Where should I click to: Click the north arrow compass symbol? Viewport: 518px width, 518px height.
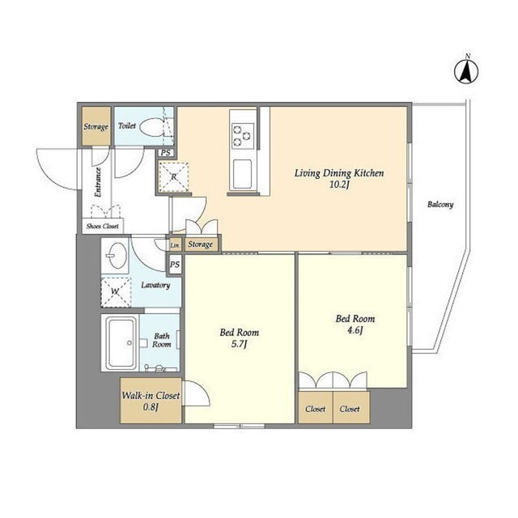click(x=466, y=72)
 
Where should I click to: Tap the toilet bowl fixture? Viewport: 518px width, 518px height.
click(x=153, y=127)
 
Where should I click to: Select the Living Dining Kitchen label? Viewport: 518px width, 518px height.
click(x=339, y=173)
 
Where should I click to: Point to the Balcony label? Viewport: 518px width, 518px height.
click(x=440, y=205)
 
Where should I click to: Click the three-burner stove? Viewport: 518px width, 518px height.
click(x=243, y=135)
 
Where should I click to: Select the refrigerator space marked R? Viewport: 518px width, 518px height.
click(x=174, y=176)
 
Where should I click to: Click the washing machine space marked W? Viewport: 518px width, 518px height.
click(x=116, y=291)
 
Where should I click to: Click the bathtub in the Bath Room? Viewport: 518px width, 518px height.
click(x=120, y=342)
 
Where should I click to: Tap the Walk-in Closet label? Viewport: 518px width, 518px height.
click(x=151, y=396)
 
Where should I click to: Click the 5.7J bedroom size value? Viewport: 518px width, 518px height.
click(x=240, y=344)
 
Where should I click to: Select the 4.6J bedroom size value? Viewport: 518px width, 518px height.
click(x=355, y=330)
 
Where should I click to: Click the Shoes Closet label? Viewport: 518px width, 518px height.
click(x=103, y=227)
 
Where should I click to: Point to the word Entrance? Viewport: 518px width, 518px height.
click(x=98, y=182)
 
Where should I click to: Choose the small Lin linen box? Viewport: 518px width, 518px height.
click(x=175, y=244)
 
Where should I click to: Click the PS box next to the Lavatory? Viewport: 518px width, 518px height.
click(x=175, y=265)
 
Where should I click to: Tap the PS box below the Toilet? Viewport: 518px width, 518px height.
click(x=165, y=153)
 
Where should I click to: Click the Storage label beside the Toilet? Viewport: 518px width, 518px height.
click(x=96, y=127)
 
